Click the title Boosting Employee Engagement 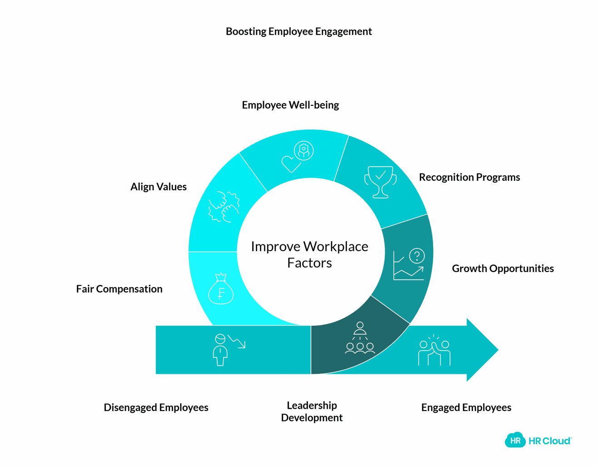(299, 31)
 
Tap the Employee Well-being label (290, 105)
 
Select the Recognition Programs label (469, 177)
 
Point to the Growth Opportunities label (502, 268)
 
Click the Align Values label (158, 187)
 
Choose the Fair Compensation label (119, 289)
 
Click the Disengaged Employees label (156, 407)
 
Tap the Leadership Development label (312, 411)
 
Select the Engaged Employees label (466, 407)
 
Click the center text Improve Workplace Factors (309, 254)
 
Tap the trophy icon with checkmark (380, 182)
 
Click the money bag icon (221, 289)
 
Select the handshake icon (224, 207)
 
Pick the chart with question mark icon (409, 264)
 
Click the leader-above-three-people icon (360, 338)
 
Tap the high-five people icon (434, 351)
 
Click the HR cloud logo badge (515, 440)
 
